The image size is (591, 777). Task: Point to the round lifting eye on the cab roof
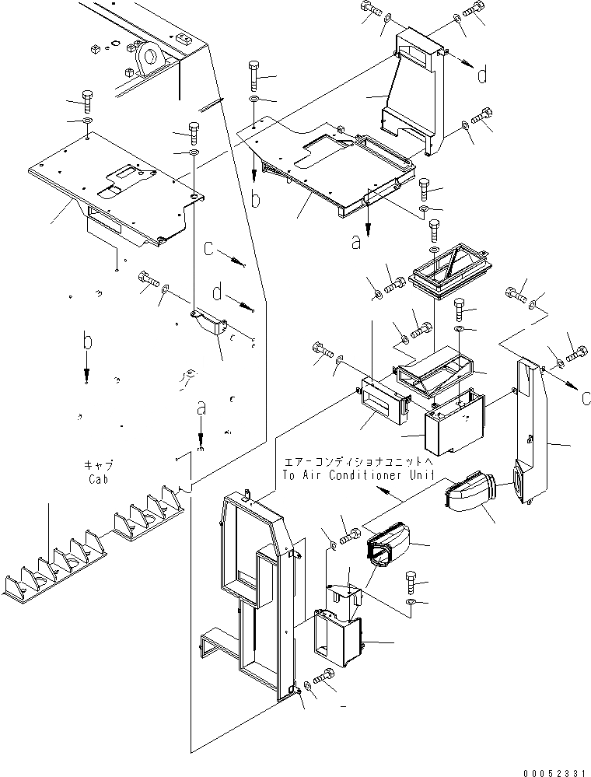148,56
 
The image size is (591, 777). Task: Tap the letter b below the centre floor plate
254,200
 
